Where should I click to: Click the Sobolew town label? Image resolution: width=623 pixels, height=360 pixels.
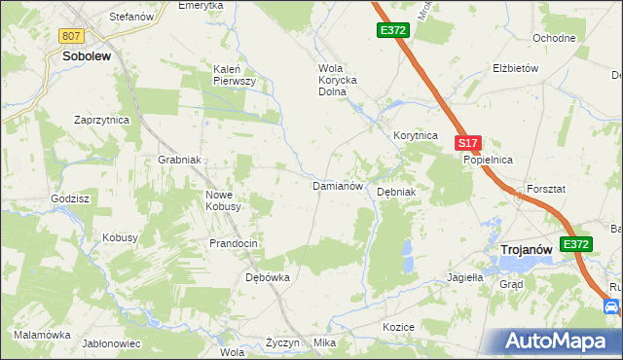pos(86,56)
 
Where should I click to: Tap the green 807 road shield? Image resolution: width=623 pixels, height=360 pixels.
pos(70,36)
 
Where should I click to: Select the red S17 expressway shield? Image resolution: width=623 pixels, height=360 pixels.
pos(467,143)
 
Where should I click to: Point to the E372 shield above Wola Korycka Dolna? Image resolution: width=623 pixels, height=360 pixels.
pos(393,31)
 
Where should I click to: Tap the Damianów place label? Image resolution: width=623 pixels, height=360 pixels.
pos(337,185)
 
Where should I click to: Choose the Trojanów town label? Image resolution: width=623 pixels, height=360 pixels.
pos(526,250)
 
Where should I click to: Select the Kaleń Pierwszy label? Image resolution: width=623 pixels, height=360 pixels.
pos(234,75)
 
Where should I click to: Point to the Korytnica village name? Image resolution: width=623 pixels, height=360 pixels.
pos(416,136)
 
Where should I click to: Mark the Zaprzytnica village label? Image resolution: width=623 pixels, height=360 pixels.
pos(102,120)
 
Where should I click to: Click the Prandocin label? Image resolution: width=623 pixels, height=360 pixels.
pos(234,243)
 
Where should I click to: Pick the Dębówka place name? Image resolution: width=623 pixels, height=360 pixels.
pos(267,277)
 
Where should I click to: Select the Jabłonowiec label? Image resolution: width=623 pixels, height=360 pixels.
pos(112,343)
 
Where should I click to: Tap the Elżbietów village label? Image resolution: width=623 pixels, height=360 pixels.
pos(516,69)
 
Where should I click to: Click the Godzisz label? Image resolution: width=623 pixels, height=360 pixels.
pos(71,198)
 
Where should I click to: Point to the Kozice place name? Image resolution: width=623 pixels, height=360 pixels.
pos(399,327)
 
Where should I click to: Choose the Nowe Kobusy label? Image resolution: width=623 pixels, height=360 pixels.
pos(225,200)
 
